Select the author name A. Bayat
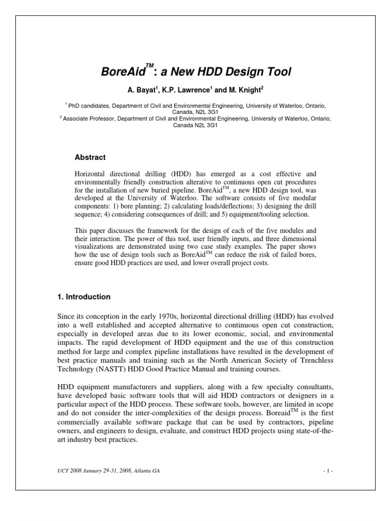(x=140, y=91)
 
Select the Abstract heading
(x=91, y=158)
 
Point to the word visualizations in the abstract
(x=96, y=246)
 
